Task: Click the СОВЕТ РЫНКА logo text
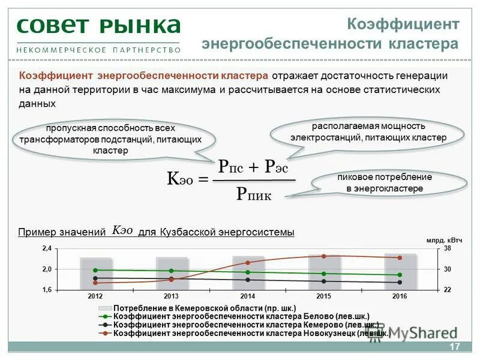(98, 26)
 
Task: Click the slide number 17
(454, 347)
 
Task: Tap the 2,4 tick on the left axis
(47, 248)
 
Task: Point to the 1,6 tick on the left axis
(47, 290)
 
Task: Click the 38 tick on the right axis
(447, 248)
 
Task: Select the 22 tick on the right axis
(447, 290)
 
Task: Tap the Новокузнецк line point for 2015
(323, 256)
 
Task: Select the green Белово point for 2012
(95, 270)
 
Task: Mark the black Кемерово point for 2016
(400, 282)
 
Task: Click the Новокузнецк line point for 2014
(247, 263)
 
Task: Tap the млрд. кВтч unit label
(444, 240)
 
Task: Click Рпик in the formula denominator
(254, 193)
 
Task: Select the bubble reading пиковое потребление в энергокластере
(385, 183)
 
